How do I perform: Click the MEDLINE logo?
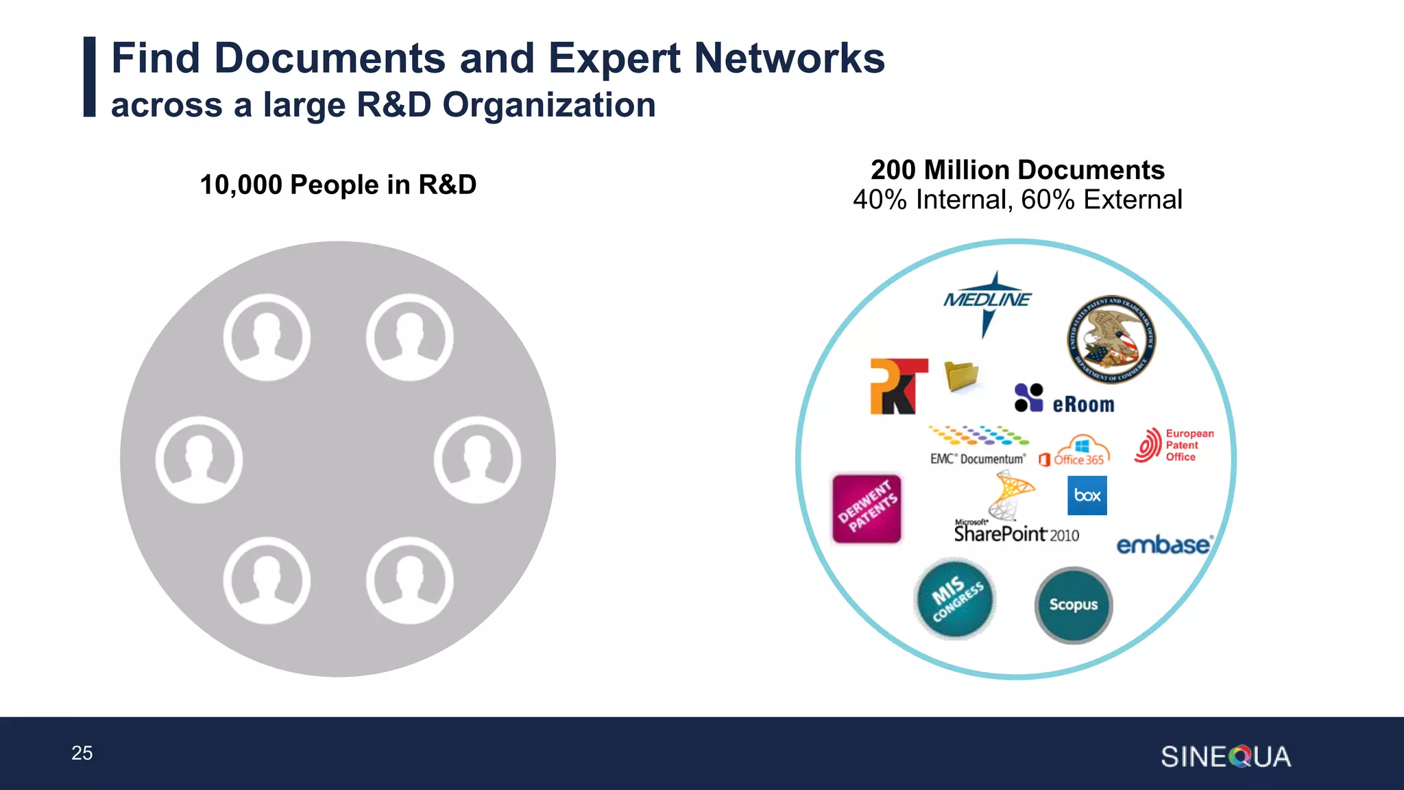[x=987, y=300]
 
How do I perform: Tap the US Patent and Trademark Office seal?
[x=1111, y=339]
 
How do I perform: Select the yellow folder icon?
[x=961, y=376]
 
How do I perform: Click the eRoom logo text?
[x=1083, y=405]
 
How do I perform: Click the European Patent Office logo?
[x=1174, y=446]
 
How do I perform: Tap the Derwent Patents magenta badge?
[x=867, y=508]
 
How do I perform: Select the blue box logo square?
[x=1087, y=495]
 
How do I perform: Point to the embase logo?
[x=1164, y=545]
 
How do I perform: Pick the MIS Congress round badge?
[x=955, y=599]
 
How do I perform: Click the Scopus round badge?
[x=1074, y=605]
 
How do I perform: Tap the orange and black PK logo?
[x=898, y=386]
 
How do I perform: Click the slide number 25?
[x=82, y=753]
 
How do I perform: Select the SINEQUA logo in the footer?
[x=1226, y=757]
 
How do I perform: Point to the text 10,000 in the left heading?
[x=241, y=185]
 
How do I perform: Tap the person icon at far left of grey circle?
[x=199, y=459]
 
